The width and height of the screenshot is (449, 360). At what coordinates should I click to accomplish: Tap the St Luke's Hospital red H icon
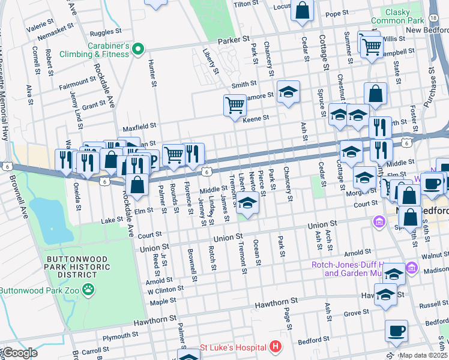point(275,347)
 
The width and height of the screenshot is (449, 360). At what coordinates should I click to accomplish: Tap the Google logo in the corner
point(19,353)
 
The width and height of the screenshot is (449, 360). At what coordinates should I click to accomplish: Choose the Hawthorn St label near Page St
point(276,305)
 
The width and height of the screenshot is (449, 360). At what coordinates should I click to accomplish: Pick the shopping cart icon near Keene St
point(235,105)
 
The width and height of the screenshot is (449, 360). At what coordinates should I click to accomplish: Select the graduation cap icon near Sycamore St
point(289,92)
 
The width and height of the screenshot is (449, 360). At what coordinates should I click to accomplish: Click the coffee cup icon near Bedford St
point(396,330)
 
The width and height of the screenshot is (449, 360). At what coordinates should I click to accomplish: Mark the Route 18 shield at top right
point(433,19)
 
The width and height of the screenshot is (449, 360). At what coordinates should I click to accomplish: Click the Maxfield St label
point(139,127)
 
